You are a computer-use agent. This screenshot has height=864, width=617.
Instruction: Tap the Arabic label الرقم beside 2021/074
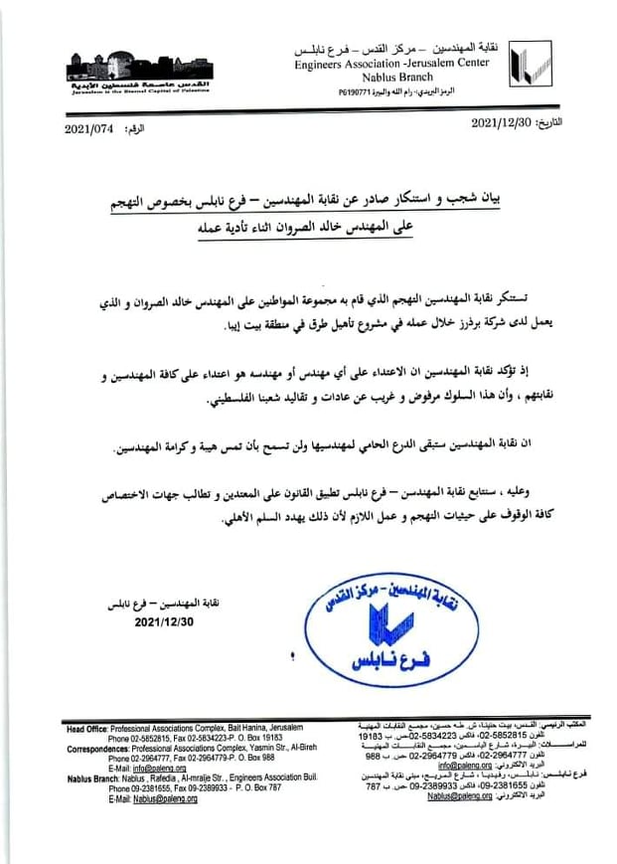[x=139, y=128]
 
